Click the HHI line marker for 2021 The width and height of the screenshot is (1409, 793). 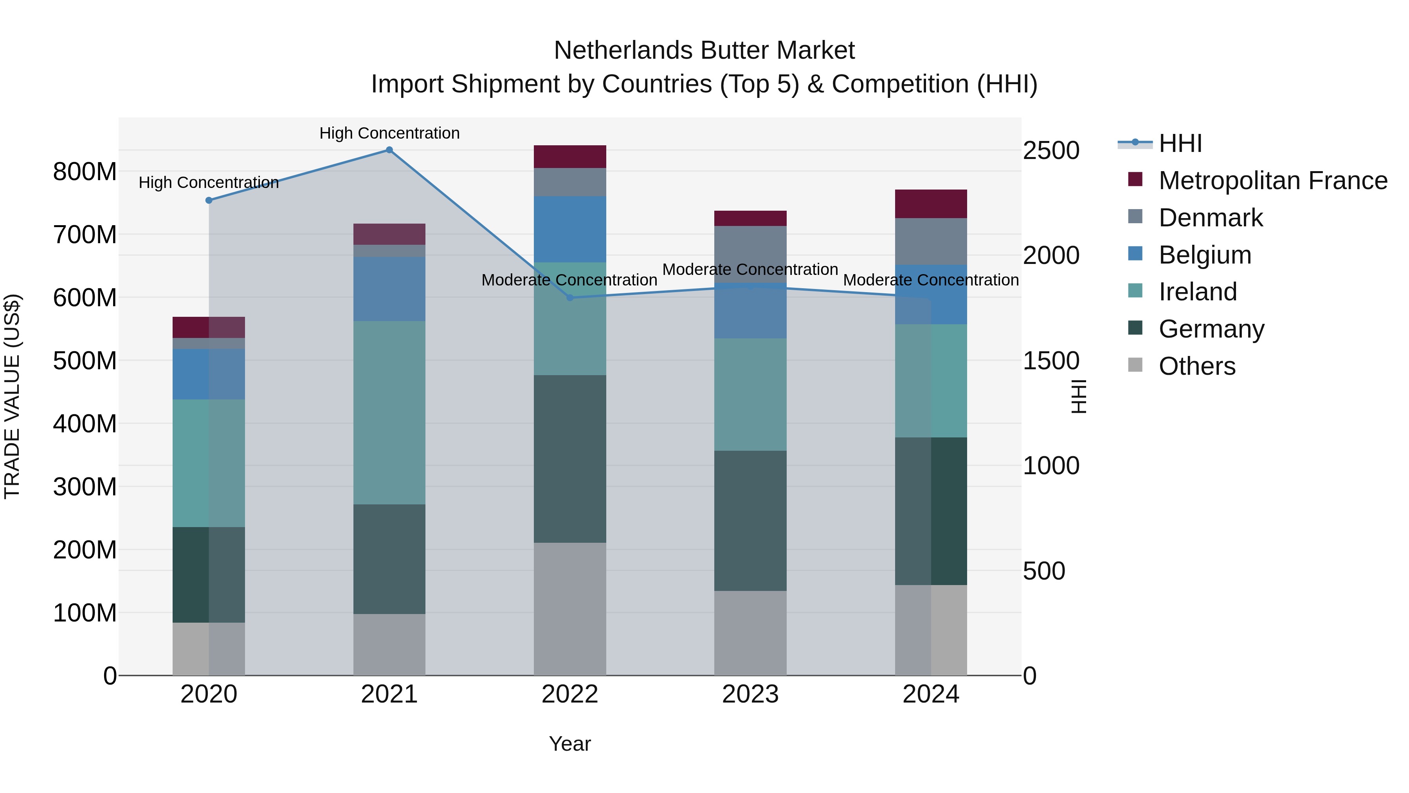[389, 150]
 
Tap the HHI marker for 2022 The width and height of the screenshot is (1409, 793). [569, 298]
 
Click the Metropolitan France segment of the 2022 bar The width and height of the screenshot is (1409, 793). [569, 157]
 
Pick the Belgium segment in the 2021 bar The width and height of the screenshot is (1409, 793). [389, 289]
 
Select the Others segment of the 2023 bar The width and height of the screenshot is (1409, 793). [750, 633]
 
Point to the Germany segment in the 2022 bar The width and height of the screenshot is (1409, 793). [569, 459]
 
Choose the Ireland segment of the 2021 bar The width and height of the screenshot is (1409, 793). [389, 413]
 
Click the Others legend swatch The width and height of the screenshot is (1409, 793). [1135, 365]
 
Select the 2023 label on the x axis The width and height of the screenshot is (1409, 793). [750, 694]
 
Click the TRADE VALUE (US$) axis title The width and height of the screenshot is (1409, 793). [12, 396]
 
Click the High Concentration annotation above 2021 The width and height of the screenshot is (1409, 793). [389, 133]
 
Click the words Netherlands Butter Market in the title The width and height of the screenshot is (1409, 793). [704, 51]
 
